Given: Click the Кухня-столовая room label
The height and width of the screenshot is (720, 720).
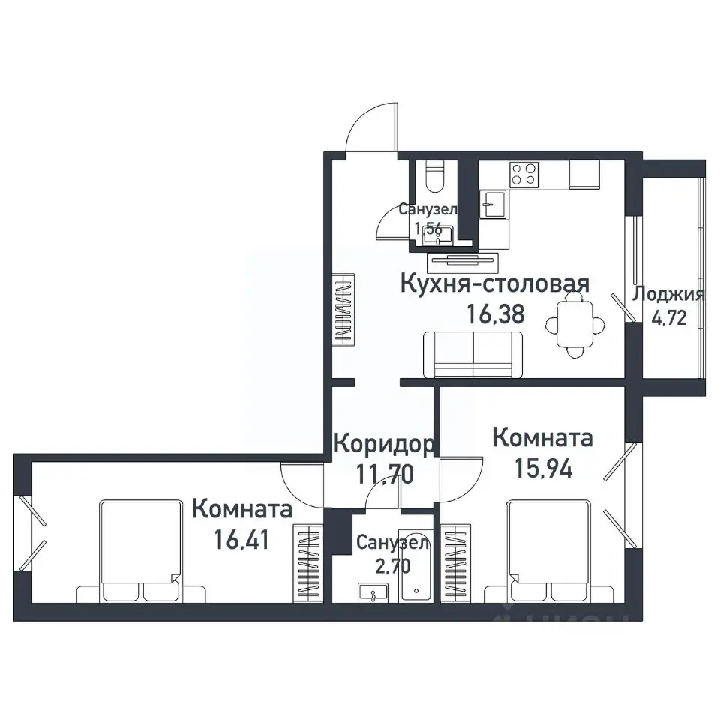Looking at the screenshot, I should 494,284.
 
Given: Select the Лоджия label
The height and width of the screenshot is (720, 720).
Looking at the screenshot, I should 668,294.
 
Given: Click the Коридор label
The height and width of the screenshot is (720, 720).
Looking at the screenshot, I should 382,444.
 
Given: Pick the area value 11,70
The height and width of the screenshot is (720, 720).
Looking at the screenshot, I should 382,474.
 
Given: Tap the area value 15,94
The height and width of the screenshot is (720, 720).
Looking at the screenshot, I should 543,468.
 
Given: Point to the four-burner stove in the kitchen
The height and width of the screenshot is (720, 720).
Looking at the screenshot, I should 523,174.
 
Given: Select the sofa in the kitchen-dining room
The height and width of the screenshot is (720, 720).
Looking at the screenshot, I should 473,355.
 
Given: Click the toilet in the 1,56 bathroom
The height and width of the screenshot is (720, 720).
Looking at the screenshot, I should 434,178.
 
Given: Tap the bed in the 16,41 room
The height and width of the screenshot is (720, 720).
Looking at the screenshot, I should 142,551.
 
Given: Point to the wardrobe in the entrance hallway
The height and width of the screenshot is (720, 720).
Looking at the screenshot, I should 343,310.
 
